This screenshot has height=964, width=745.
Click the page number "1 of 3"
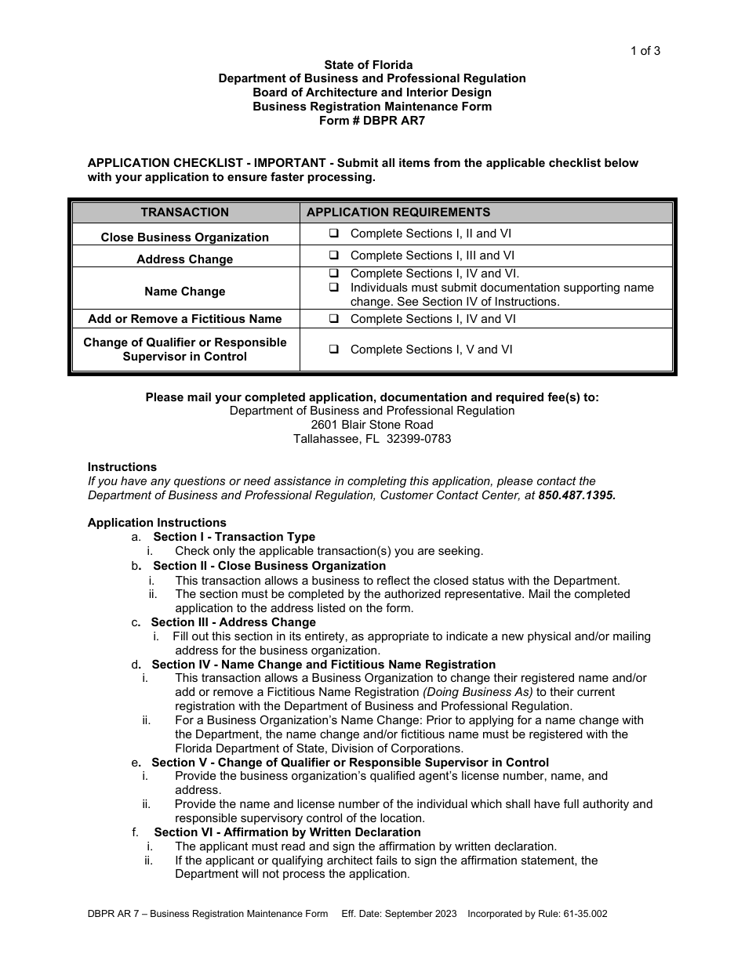point(645,52)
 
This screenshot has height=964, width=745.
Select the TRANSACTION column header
point(185,212)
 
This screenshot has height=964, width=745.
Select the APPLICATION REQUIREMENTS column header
point(398,212)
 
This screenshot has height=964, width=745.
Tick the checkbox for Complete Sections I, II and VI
point(334,234)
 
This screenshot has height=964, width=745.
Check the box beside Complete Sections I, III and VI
point(334,255)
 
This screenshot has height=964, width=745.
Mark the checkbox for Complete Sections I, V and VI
point(334,350)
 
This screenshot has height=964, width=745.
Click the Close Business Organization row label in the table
point(185,237)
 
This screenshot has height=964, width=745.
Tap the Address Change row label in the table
point(185,259)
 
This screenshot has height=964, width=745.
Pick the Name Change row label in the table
point(185,292)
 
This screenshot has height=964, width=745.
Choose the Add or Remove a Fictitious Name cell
point(185,319)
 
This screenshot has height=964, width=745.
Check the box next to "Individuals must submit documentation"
point(334,288)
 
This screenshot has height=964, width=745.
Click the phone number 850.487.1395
point(576,495)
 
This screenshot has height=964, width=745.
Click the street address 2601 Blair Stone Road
point(372,425)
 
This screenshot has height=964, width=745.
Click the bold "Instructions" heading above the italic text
point(122,467)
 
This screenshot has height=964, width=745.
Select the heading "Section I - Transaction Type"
point(234,537)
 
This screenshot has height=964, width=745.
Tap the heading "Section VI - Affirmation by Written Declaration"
point(287,832)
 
